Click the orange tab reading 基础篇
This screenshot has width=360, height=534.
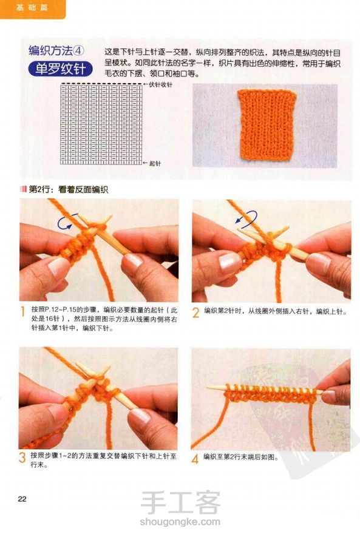[x=32, y=8]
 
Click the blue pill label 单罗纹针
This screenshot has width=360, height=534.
[x=60, y=69]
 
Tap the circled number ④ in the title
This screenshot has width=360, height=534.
[x=79, y=51]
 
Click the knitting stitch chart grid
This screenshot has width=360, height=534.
[x=101, y=124]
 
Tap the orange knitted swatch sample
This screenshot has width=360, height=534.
[x=267, y=125]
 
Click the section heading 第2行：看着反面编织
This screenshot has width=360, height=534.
[x=68, y=190]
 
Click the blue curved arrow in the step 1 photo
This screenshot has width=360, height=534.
[x=64, y=223]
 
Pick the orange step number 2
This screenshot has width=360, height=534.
[x=195, y=313]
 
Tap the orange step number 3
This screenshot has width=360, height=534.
[x=22, y=458]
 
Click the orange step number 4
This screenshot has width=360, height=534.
[x=195, y=459]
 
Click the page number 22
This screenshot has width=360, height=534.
[x=22, y=499]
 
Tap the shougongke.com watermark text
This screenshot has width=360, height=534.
[x=180, y=521]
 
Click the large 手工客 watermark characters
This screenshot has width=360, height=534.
[x=180, y=502]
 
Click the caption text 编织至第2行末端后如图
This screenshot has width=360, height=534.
[x=239, y=457]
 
